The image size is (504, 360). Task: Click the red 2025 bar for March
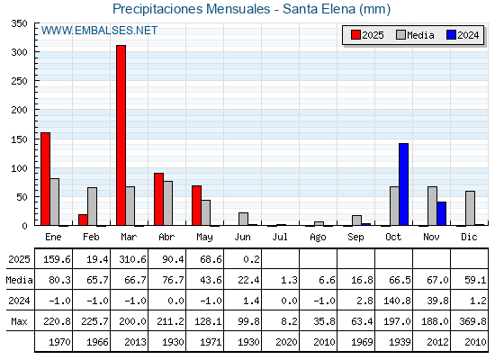click(x=121, y=135)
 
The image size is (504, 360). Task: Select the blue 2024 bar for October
click(x=404, y=184)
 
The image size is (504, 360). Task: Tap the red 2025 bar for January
click(x=45, y=179)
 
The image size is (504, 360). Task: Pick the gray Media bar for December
click(x=470, y=208)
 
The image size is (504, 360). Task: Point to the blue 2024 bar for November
click(x=442, y=214)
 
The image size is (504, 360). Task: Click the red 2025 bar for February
click(x=83, y=220)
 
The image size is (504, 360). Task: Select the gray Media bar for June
click(x=243, y=219)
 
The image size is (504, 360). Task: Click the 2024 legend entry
click(x=463, y=35)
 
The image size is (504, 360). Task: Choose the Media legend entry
click(x=415, y=35)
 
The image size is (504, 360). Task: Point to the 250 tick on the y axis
click(x=19, y=81)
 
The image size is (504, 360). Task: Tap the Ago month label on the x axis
click(x=318, y=238)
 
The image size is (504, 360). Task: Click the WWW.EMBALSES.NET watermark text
click(x=99, y=31)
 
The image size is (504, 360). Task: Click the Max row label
click(x=19, y=321)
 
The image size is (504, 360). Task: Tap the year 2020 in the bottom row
click(x=286, y=342)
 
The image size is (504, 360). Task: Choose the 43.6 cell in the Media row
click(x=211, y=280)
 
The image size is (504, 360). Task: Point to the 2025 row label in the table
click(x=19, y=259)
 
